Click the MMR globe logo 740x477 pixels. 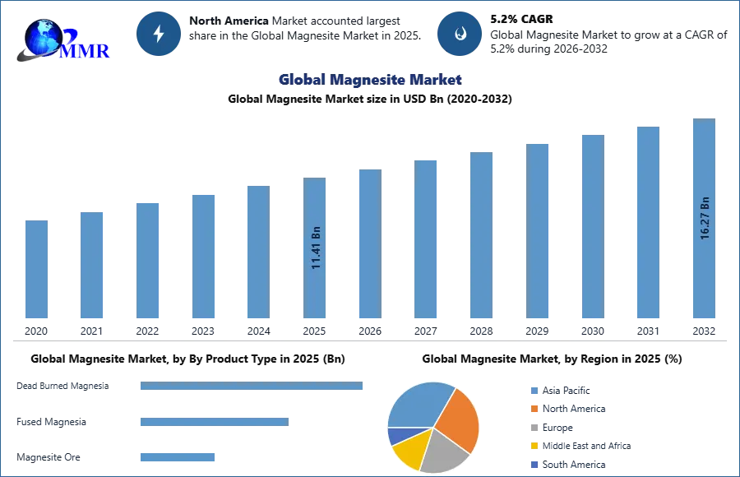click(62, 39)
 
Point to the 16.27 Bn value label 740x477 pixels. click(705, 219)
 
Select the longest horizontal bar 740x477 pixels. click(252, 387)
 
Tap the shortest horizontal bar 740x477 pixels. click(177, 456)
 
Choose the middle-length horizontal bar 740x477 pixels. click(214, 422)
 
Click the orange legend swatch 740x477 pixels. click(533, 409)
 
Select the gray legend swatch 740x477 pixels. click(533, 428)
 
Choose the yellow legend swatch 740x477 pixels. click(533, 447)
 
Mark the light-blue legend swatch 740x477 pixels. click(533, 389)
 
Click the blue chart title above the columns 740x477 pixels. click(370, 80)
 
